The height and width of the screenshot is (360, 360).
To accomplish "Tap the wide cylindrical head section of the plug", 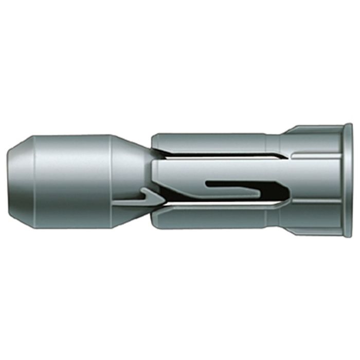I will (72, 180).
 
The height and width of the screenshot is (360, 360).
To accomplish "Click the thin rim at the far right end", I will (348, 180).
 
